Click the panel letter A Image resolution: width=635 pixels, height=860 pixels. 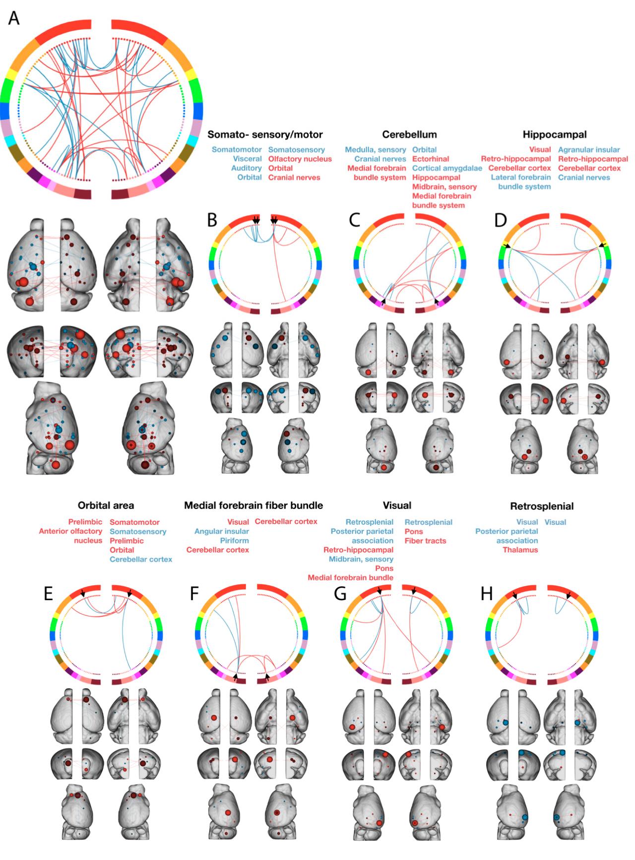coord(14,18)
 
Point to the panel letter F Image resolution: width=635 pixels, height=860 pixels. coord(195,593)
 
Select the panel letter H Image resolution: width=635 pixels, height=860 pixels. coord(487,593)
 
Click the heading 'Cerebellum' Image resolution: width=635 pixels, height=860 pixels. coord(409,134)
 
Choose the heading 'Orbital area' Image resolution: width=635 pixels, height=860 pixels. coord(106,505)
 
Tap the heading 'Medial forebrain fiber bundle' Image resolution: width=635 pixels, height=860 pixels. coord(254,505)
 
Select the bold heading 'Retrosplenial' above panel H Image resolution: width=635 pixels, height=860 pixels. coord(541,506)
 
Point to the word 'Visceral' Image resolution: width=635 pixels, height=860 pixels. coord(247,159)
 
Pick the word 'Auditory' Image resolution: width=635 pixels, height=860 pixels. coord(246,168)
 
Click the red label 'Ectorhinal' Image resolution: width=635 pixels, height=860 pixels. coord(431,159)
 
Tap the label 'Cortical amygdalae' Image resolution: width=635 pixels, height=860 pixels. coord(447,168)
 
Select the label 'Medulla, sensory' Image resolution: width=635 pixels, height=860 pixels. coord(376,149)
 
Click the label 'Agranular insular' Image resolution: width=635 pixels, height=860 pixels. coord(589,149)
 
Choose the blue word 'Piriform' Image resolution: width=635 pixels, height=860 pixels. coord(234,541)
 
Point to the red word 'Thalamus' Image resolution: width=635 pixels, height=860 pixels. coord(520,550)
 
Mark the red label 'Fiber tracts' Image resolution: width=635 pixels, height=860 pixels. coord(425,541)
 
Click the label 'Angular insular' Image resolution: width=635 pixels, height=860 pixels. coord(221,531)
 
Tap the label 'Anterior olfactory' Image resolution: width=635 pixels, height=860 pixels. coord(70,531)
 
